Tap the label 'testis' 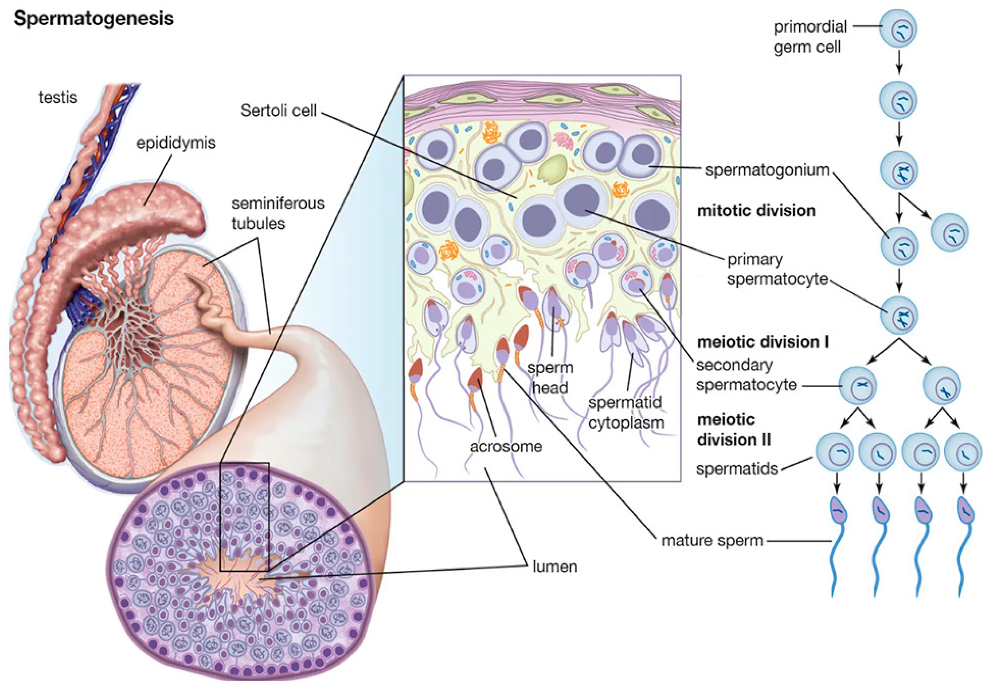[x=58, y=97]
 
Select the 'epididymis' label [x=176, y=143]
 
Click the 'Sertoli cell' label [x=278, y=110]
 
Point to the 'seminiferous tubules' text [x=277, y=213]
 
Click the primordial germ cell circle [x=898, y=28]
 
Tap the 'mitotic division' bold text [x=756, y=211]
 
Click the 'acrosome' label [x=506, y=446]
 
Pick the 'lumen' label [x=554, y=566]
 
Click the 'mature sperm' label [x=712, y=540]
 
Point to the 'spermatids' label [x=737, y=468]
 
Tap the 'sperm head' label [x=550, y=377]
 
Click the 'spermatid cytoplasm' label [x=626, y=413]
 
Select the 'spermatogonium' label [x=767, y=170]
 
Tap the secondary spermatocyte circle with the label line [x=858, y=385]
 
